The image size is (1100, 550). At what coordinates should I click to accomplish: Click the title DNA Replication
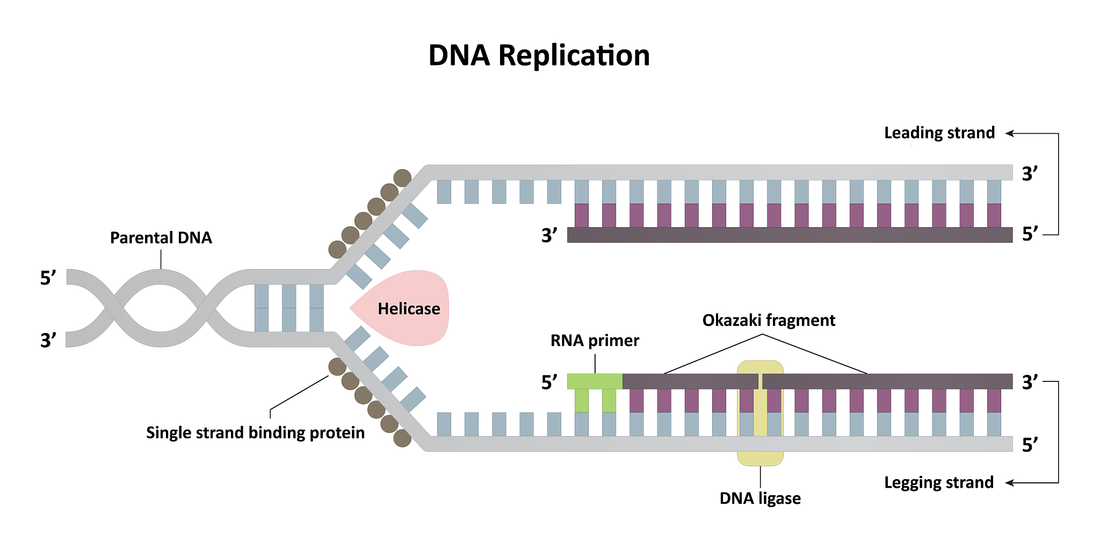[539, 55]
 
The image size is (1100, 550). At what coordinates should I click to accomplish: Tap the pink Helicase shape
[408, 308]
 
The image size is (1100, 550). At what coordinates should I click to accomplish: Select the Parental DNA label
[161, 237]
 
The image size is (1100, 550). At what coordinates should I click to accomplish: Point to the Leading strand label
[939, 133]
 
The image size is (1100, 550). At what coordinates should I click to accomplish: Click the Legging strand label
[938, 482]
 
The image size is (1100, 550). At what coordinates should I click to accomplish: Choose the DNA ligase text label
[759, 498]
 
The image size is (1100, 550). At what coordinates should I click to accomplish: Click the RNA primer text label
[595, 341]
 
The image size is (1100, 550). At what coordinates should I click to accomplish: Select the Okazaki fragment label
[768, 320]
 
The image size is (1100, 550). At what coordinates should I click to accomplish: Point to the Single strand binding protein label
[255, 432]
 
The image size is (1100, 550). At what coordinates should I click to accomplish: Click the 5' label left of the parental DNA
[48, 278]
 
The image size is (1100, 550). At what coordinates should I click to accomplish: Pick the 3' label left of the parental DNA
[48, 341]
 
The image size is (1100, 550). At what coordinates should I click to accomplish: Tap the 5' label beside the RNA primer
[549, 382]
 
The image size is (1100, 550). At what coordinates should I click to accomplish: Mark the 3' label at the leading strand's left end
[549, 235]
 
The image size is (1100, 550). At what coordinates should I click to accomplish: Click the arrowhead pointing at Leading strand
[1009, 133]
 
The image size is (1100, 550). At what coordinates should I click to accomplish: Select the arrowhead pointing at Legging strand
[1009, 483]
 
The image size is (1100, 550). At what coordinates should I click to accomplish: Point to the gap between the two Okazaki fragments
[760, 381]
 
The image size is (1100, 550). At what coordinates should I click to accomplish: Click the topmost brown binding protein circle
[402, 178]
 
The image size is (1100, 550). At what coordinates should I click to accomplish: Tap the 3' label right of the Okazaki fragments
[1030, 382]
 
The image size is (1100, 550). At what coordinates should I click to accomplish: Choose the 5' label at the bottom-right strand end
[1030, 445]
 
